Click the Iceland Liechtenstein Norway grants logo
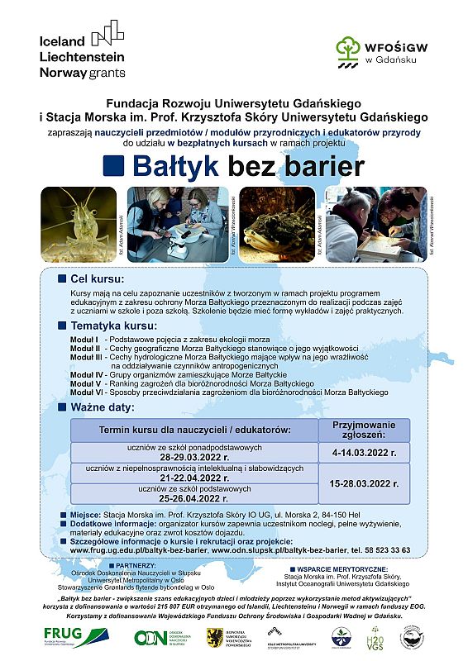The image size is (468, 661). click(x=83, y=51)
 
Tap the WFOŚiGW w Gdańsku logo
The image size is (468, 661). click(x=370, y=51)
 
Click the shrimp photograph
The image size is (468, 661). click(x=81, y=224)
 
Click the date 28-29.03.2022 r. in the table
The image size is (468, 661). click(x=194, y=456)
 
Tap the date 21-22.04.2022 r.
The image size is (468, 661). click(x=194, y=478)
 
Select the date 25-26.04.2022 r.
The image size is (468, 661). click(x=194, y=498)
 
